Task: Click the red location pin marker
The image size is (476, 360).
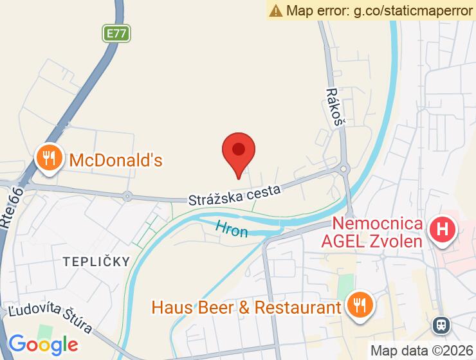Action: pyautogui.click(x=239, y=152)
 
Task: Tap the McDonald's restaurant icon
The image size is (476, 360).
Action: pyautogui.click(x=48, y=157)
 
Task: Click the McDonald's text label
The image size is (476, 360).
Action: pyautogui.click(x=116, y=159)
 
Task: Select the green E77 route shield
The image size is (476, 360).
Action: pyautogui.click(x=116, y=33)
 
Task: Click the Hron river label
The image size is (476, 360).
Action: pyautogui.click(x=232, y=228)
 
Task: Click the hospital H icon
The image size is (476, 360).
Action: pyautogui.click(x=443, y=229)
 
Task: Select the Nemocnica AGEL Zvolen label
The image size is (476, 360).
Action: pyautogui.click(x=378, y=233)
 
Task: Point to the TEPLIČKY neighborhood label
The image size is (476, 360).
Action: pyautogui.click(x=96, y=262)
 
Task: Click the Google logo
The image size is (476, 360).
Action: pyautogui.click(x=43, y=344)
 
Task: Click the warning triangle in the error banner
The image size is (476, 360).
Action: pyautogui.click(x=276, y=10)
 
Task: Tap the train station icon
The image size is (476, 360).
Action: pyautogui.click(x=441, y=323)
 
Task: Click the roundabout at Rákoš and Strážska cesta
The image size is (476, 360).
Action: pyautogui.click(x=344, y=169)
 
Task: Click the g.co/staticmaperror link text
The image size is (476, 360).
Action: pyautogui.click(x=412, y=10)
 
